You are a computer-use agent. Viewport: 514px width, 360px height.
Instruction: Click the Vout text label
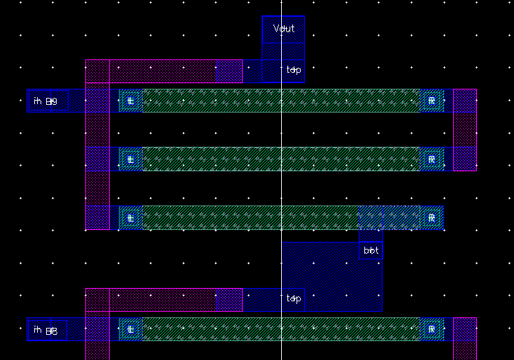(284, 29)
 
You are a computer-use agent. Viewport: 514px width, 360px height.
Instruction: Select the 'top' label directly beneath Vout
(294, 70)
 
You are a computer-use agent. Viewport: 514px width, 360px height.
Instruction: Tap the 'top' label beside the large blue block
(294, 298)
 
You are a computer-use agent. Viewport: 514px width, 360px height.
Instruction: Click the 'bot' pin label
(371, 250)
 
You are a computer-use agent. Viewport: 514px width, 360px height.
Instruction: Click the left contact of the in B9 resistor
(130, 101)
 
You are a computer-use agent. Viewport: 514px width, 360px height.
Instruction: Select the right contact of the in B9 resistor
(431, 101)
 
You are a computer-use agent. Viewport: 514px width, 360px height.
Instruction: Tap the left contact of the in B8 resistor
(130, 329)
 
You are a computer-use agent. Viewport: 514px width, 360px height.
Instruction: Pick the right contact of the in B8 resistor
(431, 329)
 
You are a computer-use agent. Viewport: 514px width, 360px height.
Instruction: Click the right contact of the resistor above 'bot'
(431, 217)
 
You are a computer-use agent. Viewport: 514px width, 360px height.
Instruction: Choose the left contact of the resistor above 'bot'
(130, 217)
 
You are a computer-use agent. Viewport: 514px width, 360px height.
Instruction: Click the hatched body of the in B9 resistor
(280, 101)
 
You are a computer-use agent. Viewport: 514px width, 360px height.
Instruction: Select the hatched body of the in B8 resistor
(280, 329)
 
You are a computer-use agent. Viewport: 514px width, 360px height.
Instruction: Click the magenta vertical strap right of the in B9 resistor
(465, 130)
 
